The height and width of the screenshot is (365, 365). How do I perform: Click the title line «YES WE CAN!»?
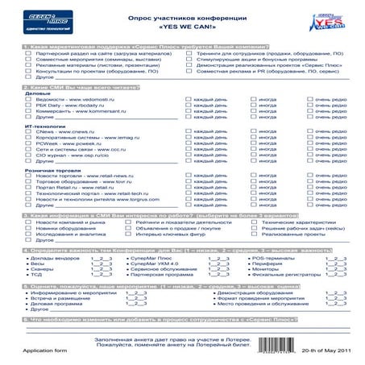click(x=181, y=26)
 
